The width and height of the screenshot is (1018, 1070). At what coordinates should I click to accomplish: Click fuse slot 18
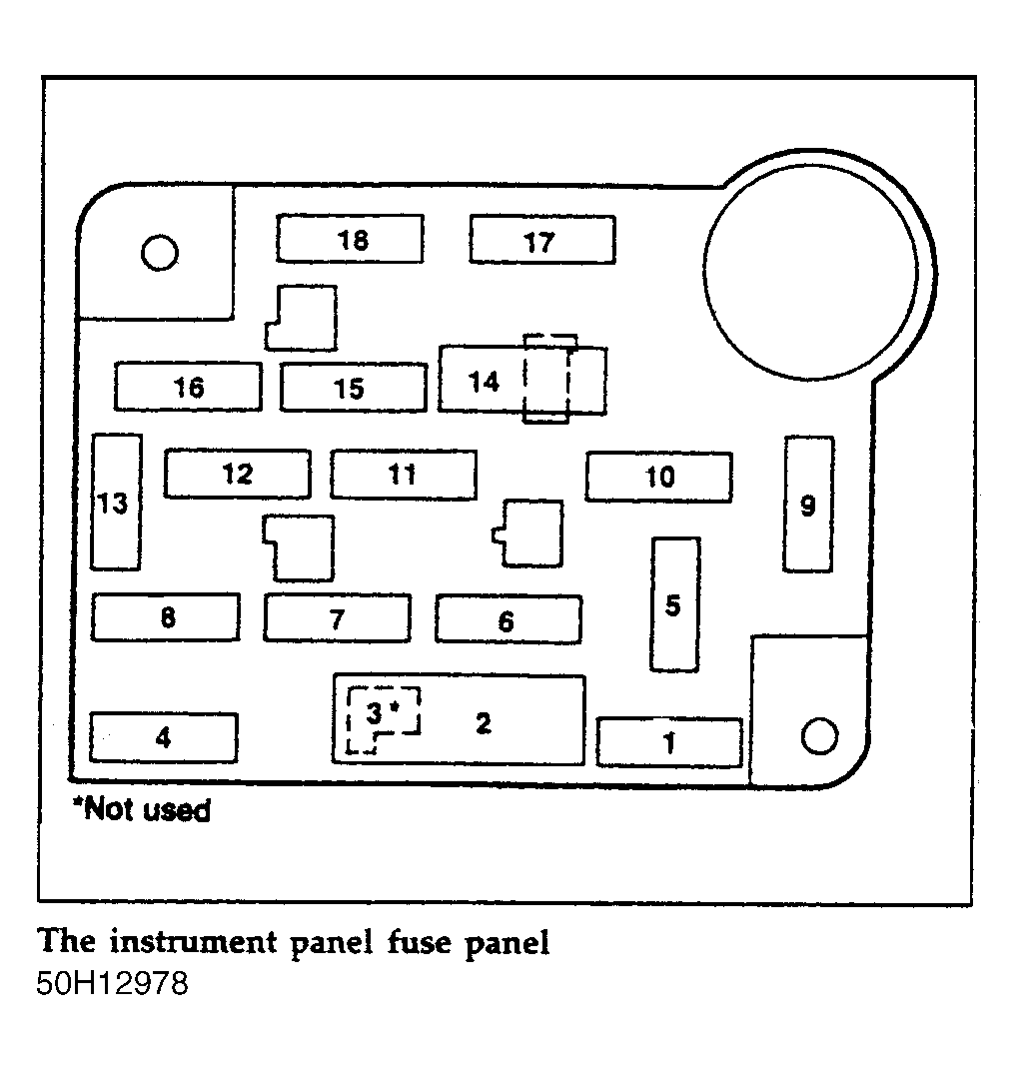pyautogui.click(x=350, y=239)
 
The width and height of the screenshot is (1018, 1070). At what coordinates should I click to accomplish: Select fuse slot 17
pyautogui.click(x=542, y=240)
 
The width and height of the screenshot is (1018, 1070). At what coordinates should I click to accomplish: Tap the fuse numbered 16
pyautogui.click(x=189, y=387)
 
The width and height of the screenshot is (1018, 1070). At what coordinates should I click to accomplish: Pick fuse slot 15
pyautogui.click(x=354, y=389)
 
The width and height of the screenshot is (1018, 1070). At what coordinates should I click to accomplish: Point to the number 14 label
pyautogui.click(x=484, y=382)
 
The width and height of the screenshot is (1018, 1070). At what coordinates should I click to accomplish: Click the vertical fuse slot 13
pyautogui.click(x=116, y=502)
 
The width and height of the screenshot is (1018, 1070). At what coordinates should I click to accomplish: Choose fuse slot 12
pyautogui.click(x=238, y=474)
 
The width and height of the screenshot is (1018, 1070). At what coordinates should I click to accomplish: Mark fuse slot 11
pyautogui.click(x=404, y=475)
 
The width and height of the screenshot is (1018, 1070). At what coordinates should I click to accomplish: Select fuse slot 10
pyautogui.click(x=659, y=477)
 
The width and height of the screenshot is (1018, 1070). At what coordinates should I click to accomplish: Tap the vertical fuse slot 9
pyautogui.click(x=808, y=505)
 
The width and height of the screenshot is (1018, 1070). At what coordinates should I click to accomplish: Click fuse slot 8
pyautogui.click(x=166, y=617)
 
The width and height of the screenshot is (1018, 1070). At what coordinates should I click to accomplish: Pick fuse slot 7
pyautogui.click(x=338, y=618)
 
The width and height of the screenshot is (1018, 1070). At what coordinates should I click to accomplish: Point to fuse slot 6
pyautogui.click(x=509, y=619)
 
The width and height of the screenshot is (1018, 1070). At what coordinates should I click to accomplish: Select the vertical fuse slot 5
pyautogui.click(x=675, y=604)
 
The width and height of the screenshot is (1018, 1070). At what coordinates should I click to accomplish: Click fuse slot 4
pyautogui.click(x=164, y=737)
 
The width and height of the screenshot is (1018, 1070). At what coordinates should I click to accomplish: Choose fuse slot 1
pyautogui.click(x=669, y=741)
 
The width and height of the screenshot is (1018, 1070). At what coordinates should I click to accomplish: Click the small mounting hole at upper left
pyautogui.click(x=160, y=253)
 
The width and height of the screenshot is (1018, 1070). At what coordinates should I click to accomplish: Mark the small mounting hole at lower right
pyautogui.click(x=819, y=736)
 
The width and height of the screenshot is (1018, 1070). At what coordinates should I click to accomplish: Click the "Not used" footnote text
pyautogui.click(x=142, y=810)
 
